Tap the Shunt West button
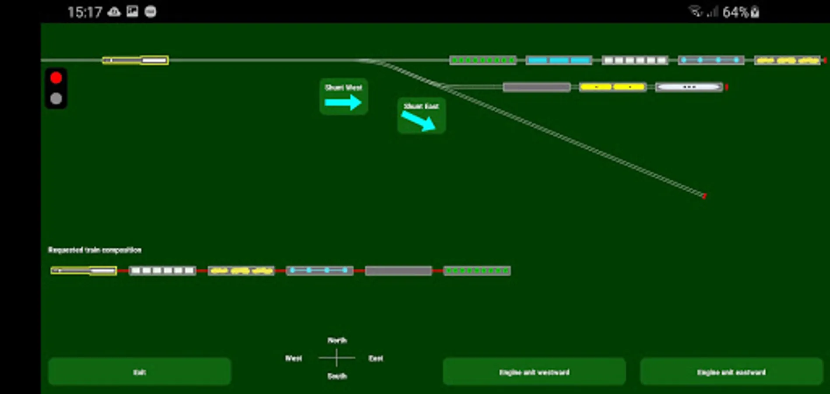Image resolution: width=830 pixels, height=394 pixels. [344, 97]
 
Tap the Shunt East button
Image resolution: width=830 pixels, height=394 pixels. [421, 116]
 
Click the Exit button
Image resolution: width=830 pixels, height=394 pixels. [139, 372]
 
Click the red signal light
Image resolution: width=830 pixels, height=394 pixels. [56, 78]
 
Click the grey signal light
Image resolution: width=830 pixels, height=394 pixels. [56, 98]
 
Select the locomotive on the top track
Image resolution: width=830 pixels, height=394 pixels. [135, 60]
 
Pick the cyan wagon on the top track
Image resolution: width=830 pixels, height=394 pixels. [559, 60]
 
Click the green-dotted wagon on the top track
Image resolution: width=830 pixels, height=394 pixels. [483, 60]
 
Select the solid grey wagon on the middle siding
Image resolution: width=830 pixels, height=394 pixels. [537, 87]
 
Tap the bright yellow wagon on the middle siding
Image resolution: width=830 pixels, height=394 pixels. [612, 87]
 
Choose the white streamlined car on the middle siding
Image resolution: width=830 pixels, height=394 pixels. [689, 87]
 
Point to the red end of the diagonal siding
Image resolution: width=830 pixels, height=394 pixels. [704, 196]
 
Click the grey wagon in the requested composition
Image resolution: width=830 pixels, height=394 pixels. [398, 271]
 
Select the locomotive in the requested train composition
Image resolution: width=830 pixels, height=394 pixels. [84, 271]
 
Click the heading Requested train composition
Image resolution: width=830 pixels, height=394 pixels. [95, 250]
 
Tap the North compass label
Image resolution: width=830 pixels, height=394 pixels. [337, 340]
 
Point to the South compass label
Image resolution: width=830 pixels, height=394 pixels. [337, 376]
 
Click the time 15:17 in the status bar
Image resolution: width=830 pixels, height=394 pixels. [84, 12]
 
